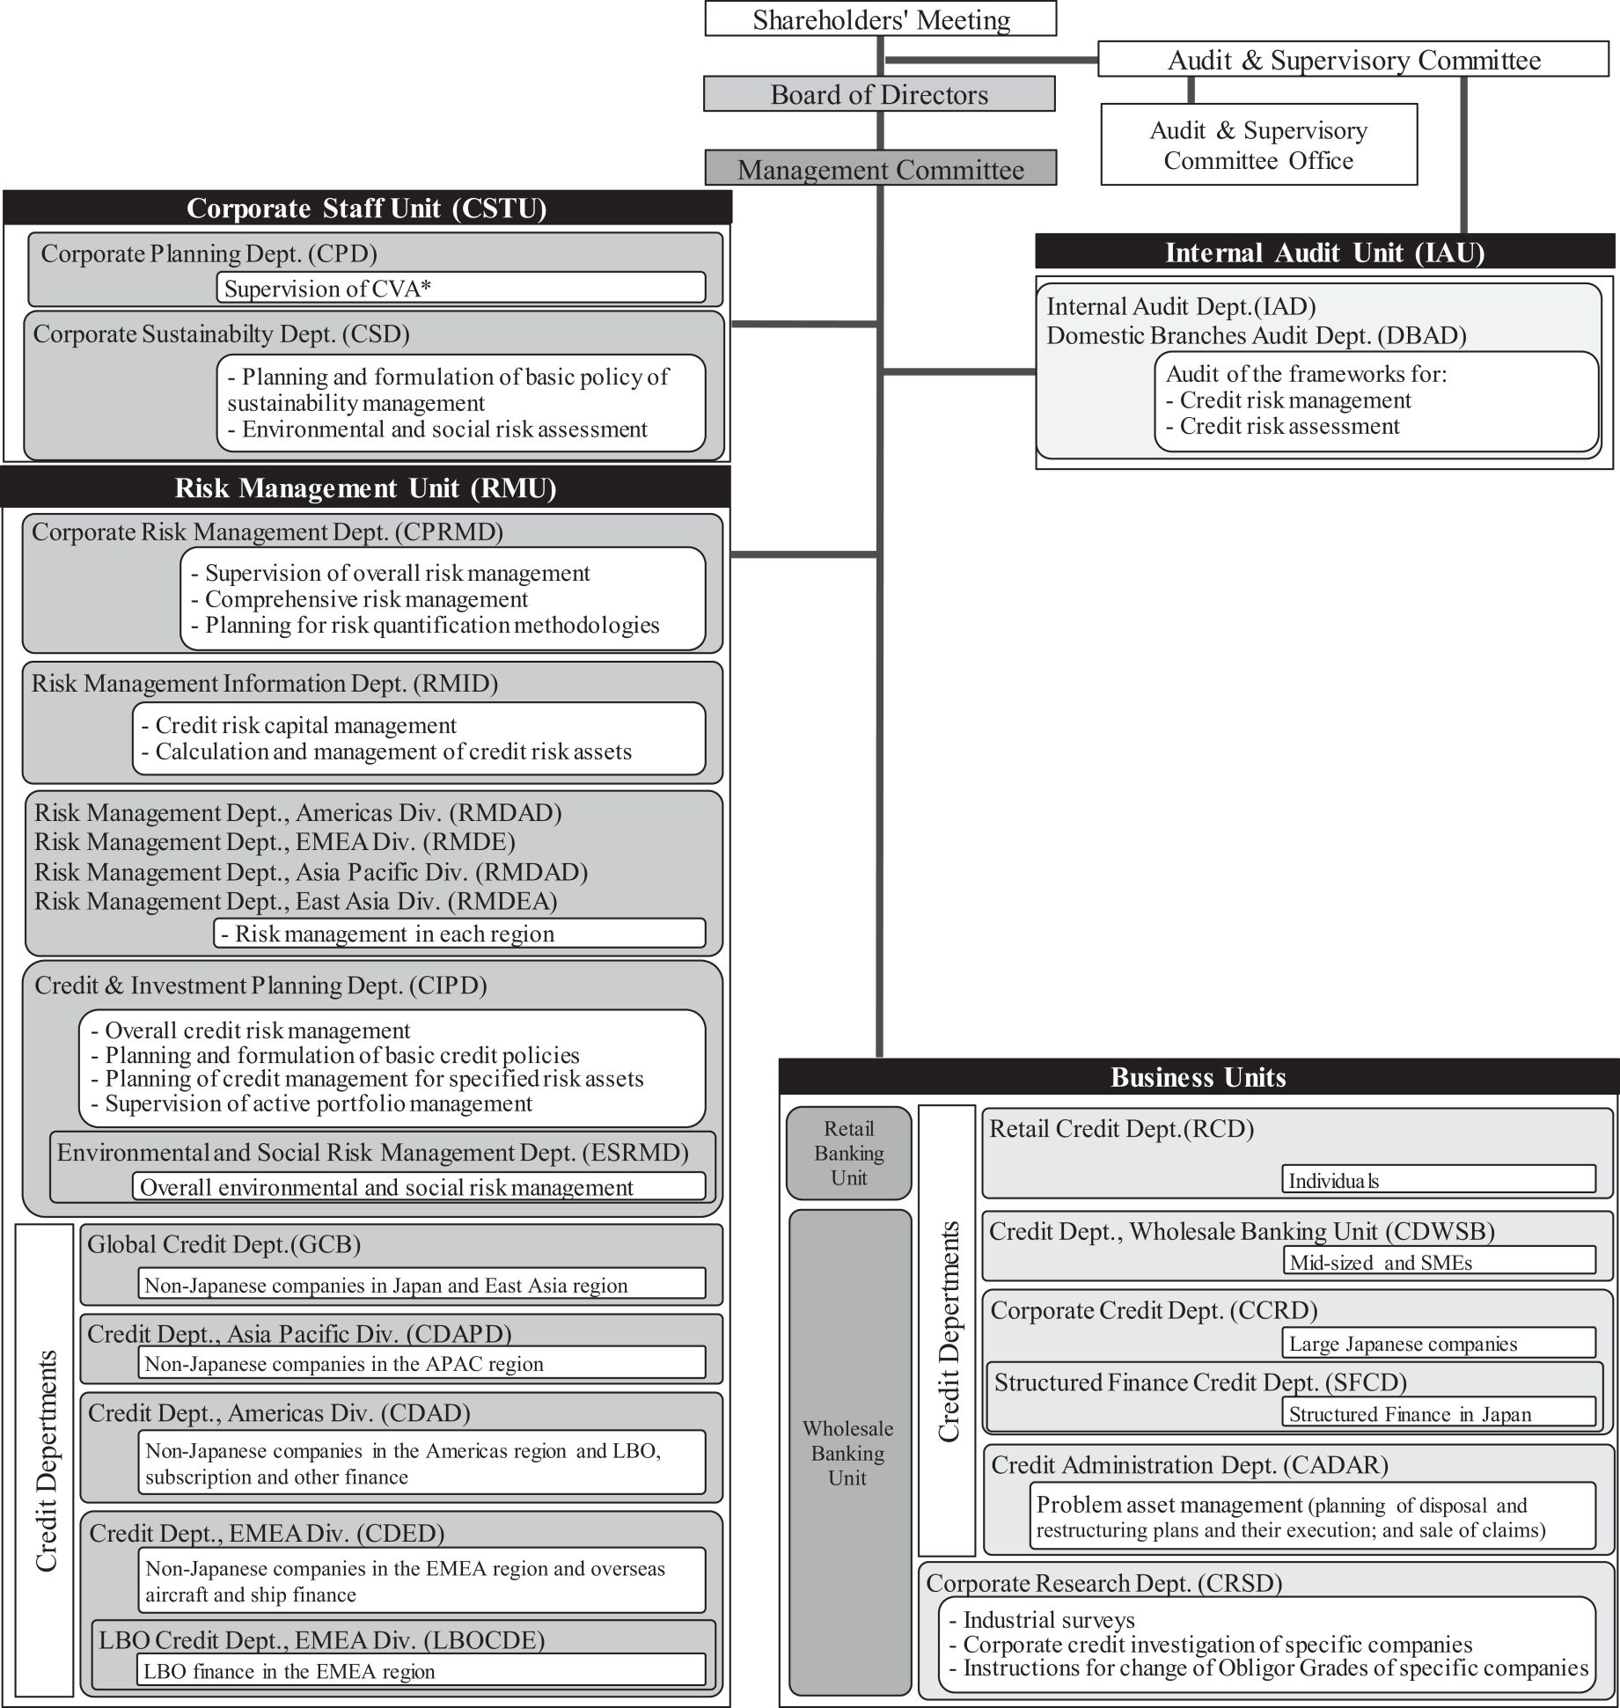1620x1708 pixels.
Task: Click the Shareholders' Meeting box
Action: tap(880, 19)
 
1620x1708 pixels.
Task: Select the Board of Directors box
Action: tap(879, 94)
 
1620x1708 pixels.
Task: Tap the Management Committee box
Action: tap(880, 169)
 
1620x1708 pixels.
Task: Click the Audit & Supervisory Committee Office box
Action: tap(1258, 145)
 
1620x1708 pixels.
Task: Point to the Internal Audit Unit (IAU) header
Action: tap(1324, 253)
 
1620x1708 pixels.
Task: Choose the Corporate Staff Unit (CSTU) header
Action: tap(366, 208)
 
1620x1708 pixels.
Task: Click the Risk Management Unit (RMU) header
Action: tap(365, 487)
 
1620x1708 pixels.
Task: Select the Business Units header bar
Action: tap(1198, 1077)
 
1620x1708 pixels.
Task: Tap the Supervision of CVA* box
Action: tap(460, 288)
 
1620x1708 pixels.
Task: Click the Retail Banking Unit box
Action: tap(848, 1153)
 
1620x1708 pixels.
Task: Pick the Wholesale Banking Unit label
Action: tap(848, 1453)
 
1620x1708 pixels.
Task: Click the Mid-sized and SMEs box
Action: tap(1438, 1262)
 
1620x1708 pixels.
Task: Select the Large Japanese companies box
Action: tap(1438, 1343)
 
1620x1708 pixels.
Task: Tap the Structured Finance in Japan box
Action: tap(1438, 1413)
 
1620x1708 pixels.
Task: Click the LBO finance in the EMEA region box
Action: tap(421, 1670)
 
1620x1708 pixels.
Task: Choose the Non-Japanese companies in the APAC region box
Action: tap(421, 1363)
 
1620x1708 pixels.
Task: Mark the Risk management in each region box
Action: tap(458, 934)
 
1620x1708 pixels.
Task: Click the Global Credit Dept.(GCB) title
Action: tap(224, 1244)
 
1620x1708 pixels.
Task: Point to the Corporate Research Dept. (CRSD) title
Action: tap(1103, 1583)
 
